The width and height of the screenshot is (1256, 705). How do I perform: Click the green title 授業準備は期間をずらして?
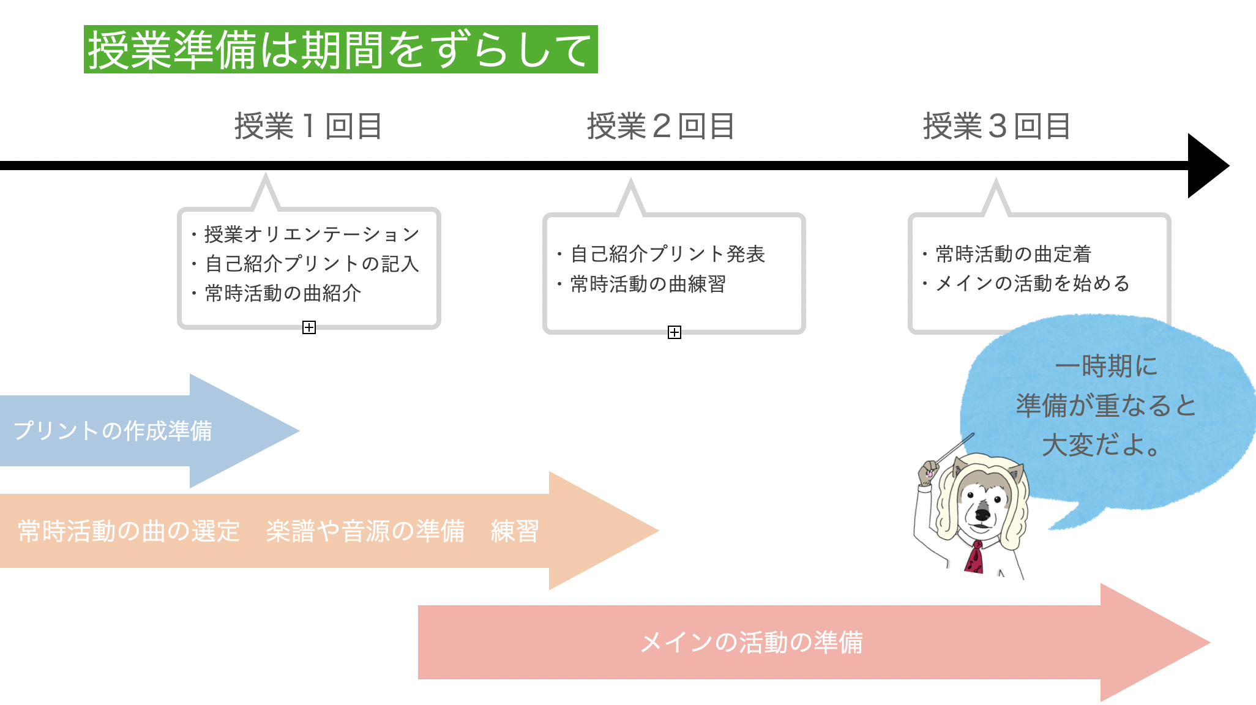340,50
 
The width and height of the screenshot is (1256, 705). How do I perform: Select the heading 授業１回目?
308,127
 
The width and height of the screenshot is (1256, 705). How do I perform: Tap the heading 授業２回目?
661,127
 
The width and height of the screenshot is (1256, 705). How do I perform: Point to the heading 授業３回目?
996,127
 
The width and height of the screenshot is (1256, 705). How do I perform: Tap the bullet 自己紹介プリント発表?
661,254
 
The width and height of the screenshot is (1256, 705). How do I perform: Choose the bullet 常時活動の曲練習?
641,284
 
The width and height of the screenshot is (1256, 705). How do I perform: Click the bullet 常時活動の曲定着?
1007,254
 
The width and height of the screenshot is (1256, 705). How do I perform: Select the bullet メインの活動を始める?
1026,283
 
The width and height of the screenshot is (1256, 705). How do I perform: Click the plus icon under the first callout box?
309,327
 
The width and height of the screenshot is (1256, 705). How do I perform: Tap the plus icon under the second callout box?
675,332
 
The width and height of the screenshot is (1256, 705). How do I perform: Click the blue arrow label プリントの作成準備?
113,431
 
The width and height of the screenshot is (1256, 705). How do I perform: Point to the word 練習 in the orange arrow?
515,531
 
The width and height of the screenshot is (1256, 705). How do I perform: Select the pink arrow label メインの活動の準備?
752,643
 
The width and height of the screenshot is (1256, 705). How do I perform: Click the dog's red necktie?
975,557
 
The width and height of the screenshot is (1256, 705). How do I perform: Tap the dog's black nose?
982,514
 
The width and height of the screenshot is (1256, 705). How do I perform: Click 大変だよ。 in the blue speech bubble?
1101,445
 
